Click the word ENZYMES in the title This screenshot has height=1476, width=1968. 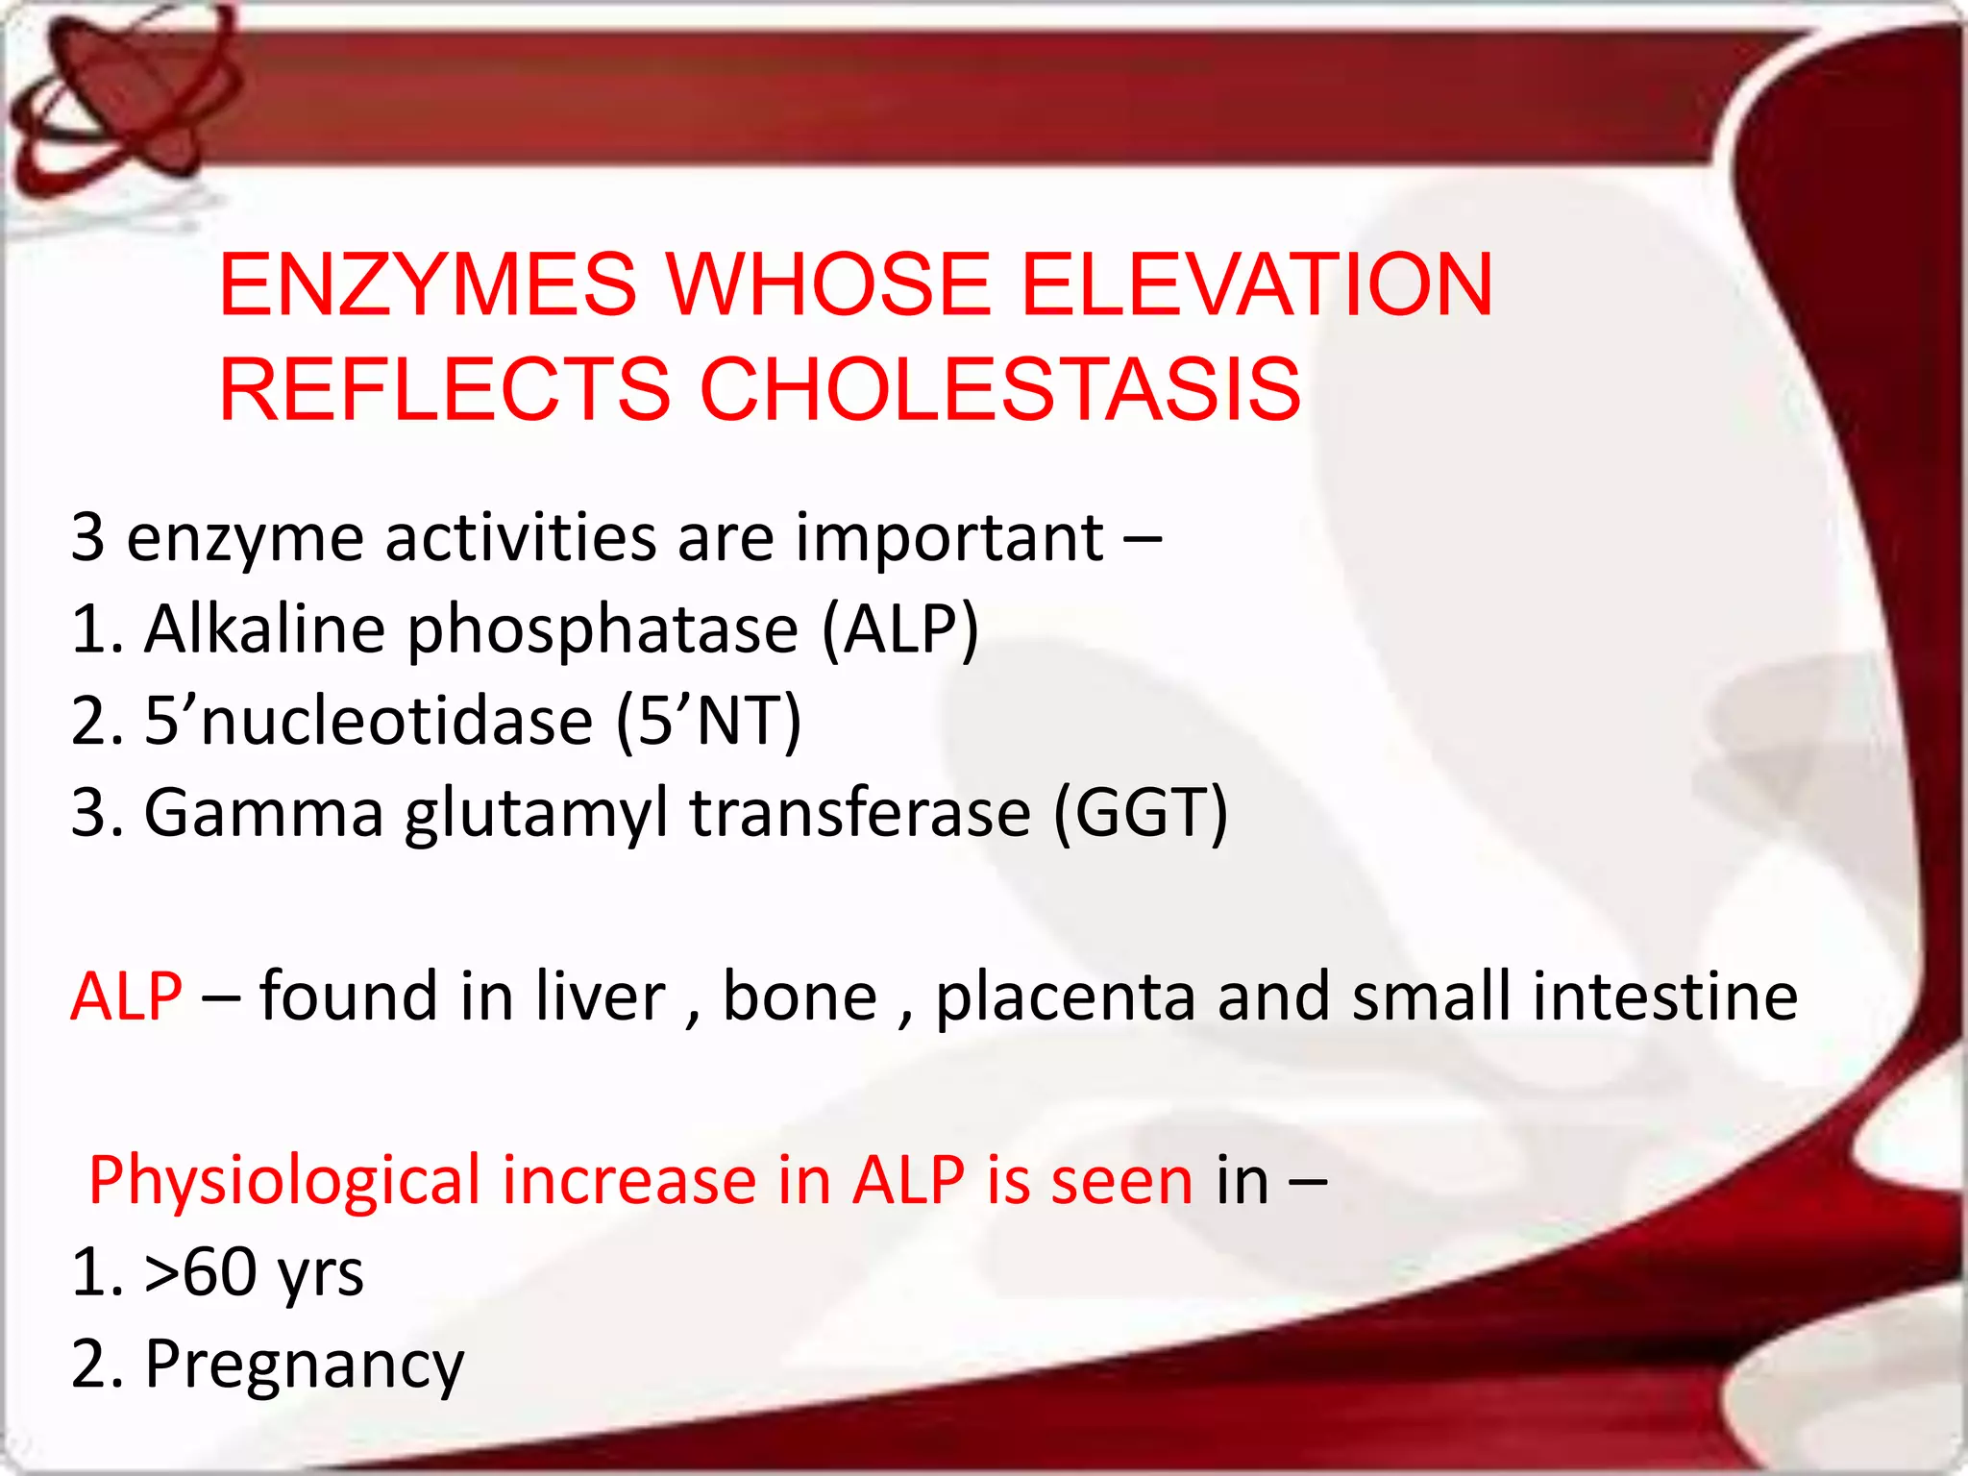[x=428, y=285]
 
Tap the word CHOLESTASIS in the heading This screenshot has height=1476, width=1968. [x=999, y=389]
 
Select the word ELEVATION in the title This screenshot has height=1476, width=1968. [x=1255, y=285]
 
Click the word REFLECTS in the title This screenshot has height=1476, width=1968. [x=444, y=389]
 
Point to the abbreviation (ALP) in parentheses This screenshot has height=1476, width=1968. [x=900, y=629]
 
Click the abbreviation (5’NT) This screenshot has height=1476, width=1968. [x=708, y=722]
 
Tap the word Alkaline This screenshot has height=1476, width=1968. [x=264, y=629]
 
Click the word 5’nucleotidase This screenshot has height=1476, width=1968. [x=368, y=722]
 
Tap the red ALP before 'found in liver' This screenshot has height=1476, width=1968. [x=126, y=996]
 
